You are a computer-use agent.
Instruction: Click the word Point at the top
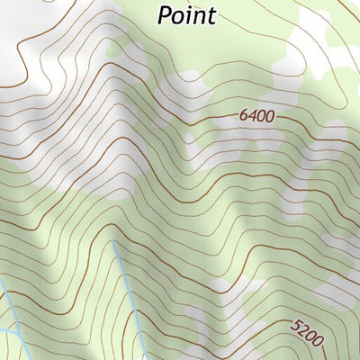click(187, 15)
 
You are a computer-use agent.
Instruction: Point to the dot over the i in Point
click(193, 7)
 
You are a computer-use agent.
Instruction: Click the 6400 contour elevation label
click(256, 116)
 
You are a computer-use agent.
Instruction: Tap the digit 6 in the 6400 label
click(245, 116)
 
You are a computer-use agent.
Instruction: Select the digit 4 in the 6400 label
click(253, 116)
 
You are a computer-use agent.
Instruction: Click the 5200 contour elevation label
click(307, 334)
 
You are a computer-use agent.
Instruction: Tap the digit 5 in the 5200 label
click(297, 327)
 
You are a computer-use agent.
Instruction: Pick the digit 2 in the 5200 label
click(303, 331)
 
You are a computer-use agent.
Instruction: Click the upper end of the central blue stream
click(113, 242)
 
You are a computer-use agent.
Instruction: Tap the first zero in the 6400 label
click(261, 116)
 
